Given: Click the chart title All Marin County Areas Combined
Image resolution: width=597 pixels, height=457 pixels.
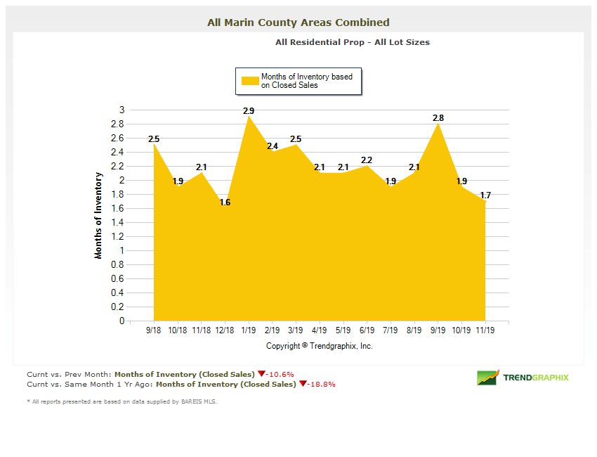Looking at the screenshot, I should tap(298, 22).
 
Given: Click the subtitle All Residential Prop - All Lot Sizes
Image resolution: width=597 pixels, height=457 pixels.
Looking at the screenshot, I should tap(353, 42).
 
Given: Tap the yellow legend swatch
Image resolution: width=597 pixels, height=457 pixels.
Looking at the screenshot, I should tap(250, 81).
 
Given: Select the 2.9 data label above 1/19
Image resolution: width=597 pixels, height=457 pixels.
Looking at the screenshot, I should tap(249, 111).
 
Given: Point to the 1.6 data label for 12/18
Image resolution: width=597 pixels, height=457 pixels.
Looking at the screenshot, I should tap(225, 202).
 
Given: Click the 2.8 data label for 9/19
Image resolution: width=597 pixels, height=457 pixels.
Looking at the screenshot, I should tap(438, 118).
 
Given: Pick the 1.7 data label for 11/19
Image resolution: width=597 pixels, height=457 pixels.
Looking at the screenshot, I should tap(485, 195).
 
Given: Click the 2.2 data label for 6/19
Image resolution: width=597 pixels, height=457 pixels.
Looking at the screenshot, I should tap(367, 160).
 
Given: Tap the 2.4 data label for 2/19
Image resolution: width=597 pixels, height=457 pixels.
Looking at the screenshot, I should tap(273, 146).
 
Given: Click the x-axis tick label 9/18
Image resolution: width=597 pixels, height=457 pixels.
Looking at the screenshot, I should tap(154, 329).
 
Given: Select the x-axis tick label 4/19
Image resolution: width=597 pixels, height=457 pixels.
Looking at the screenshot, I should tap(320, 329).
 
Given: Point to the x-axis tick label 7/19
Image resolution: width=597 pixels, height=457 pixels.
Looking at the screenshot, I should tap(391, 329).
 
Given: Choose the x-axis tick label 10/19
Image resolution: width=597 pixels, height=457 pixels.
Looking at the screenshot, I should tap(461, 329).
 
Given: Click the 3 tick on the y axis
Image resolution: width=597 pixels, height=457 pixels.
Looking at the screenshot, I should tap(122, 110).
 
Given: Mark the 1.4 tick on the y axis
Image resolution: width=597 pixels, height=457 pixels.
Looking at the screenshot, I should tap(119, 222).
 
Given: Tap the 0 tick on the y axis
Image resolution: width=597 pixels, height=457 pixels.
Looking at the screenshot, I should tap(122, 321).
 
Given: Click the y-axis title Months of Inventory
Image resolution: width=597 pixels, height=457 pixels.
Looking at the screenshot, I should tap(98, 216).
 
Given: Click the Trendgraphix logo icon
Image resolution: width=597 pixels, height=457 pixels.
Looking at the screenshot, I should tap(488, 378).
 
